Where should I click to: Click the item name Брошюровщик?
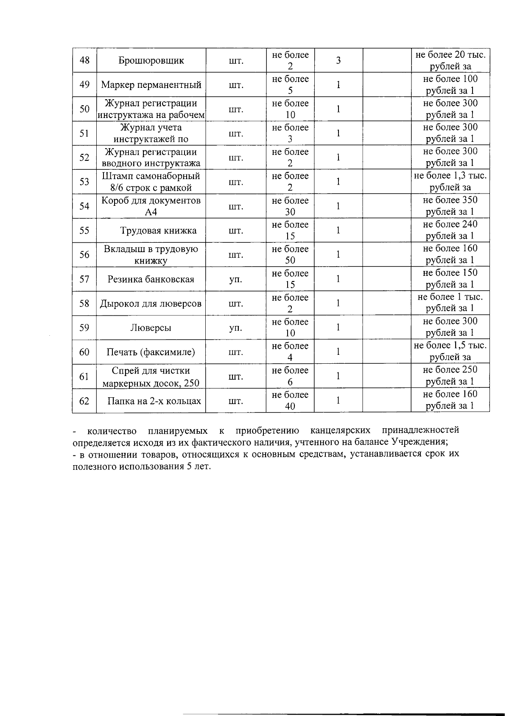click(x=151, y=60)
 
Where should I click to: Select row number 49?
click(x=84, y=84)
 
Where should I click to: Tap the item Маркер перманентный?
click(x=151, y=84)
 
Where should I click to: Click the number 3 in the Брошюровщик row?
click(x=338, y=60)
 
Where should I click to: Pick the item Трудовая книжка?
click(x=158, y=230)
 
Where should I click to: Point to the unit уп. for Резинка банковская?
click(x=236, y=279)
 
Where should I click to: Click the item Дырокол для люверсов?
click(x=151, y=303)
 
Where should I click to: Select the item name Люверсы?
click(x=151, y=328)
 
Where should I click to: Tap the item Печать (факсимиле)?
click(x=151, y=352)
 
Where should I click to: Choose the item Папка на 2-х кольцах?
click(x=154, y=401)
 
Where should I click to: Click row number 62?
click(x=84, y=401)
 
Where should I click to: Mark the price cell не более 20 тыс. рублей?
click(x=450, y=60)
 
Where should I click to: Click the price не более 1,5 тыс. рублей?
click(x=450, y=352)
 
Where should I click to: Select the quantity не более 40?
click(x=290, y=401)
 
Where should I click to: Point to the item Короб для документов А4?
click(x=151, y=206)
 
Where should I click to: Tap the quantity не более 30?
click(x=290, y=206)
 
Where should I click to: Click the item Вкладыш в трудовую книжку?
click(x=151, y=255)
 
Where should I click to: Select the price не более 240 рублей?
click(x=450, y=230)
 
